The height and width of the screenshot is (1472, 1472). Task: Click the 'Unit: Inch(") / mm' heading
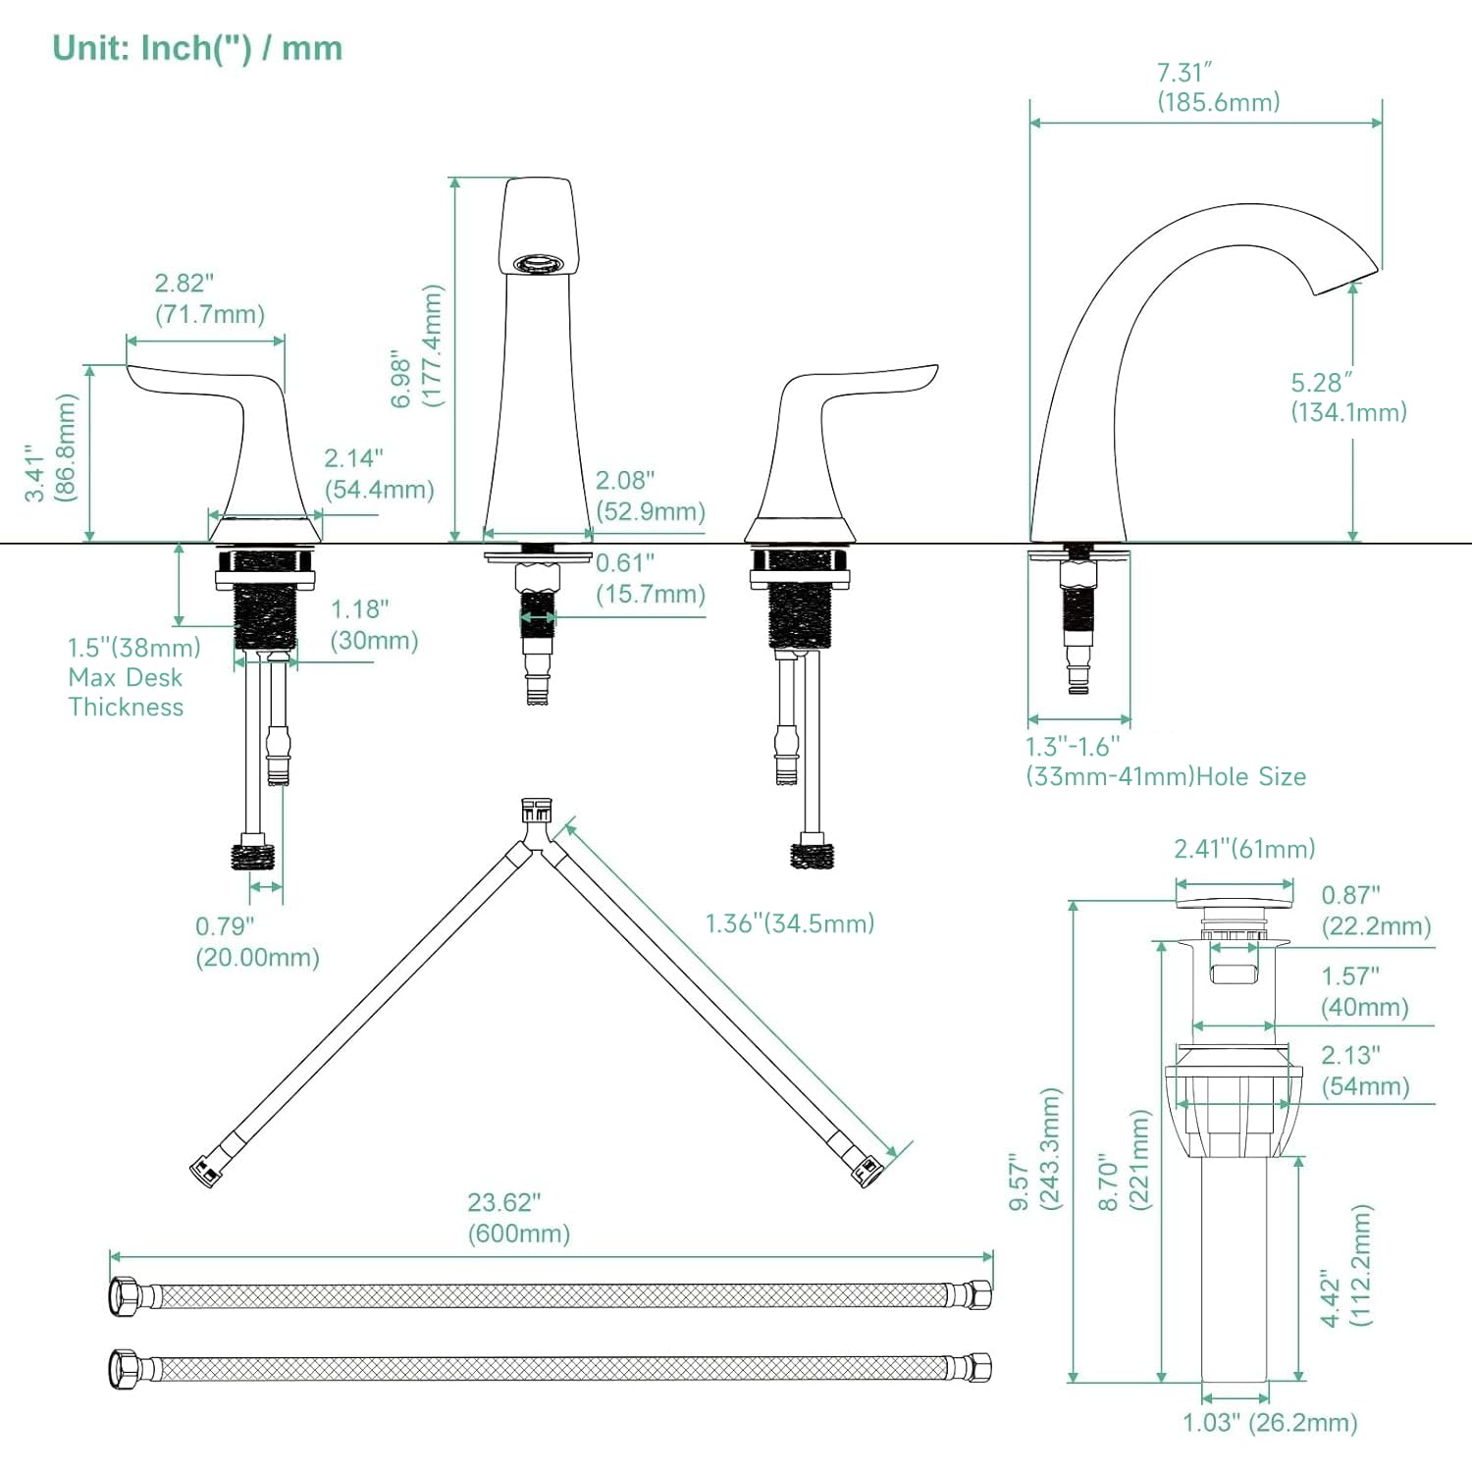(x=197, y=48)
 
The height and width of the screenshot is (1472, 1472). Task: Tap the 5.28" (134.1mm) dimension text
(x=1347, y=397)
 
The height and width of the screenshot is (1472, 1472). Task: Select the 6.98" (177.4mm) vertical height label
(x=417, y=345)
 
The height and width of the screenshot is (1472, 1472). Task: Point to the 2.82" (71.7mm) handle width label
(x=209, y=298)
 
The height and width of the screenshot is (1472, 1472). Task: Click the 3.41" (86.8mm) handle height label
(x=50, y=448)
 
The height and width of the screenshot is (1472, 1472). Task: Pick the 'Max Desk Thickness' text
(x=126, y=692)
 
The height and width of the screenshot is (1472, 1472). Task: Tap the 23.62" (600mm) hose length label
(x=518, y=1218)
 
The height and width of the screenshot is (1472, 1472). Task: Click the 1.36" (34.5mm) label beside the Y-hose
(x=789, y=923)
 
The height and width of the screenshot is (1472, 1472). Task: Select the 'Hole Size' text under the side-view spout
(x=1251, y=777)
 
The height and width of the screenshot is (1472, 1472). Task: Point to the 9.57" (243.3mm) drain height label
(x=1035, y=1148)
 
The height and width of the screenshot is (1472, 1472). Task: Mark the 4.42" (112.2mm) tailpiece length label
(x=1345, y=1266)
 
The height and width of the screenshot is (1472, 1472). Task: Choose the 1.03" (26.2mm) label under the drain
(x=1269, y=1423)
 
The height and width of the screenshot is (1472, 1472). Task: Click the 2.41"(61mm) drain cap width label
(x=1244, y=849)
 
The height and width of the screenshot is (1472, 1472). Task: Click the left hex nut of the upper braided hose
(x=125, y=1296)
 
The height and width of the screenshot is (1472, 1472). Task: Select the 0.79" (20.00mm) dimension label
(x=257, y=942)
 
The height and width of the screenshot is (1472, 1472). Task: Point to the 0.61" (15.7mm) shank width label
(x=650, y=578)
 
